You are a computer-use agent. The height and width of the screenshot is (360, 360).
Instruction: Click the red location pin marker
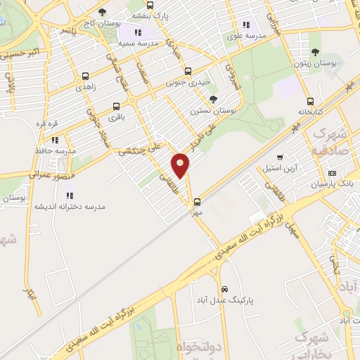pos(181,165)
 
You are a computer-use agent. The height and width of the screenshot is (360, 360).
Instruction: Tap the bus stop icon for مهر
pos(197,201)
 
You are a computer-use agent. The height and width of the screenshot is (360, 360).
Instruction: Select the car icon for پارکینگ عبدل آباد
pos(224,289)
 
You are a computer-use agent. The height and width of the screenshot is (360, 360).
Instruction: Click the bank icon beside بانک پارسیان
pos(332,173)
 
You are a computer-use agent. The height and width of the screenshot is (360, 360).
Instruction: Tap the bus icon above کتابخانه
pos(311,101)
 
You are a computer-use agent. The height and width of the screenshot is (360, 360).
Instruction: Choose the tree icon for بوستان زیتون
pos(315,52)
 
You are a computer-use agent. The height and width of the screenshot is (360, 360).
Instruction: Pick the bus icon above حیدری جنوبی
pos(188,70)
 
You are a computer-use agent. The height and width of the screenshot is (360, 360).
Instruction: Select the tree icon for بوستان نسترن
pos(213,99)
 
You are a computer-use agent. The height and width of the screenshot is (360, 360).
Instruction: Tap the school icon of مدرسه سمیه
pos(138,32)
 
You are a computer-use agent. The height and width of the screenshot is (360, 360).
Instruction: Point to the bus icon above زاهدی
pos(85,76)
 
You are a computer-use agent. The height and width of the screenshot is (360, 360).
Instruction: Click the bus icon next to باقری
pos(116,107)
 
